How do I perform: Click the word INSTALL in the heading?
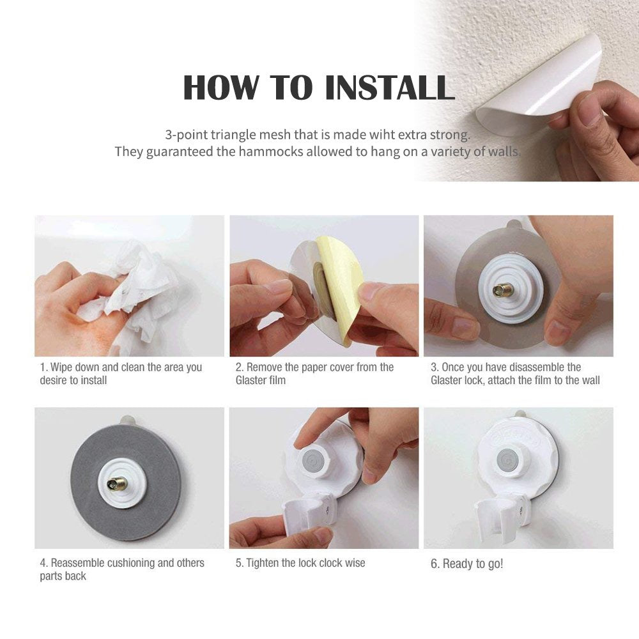[x=390, y=87]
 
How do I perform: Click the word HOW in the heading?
[x=221, y=87]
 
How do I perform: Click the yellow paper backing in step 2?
[x=343, y=285]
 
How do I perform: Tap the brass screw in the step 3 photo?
[x=503, y=289]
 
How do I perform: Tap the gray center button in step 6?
[x=508, y=459]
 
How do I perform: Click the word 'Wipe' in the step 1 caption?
[x=61, y=367]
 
